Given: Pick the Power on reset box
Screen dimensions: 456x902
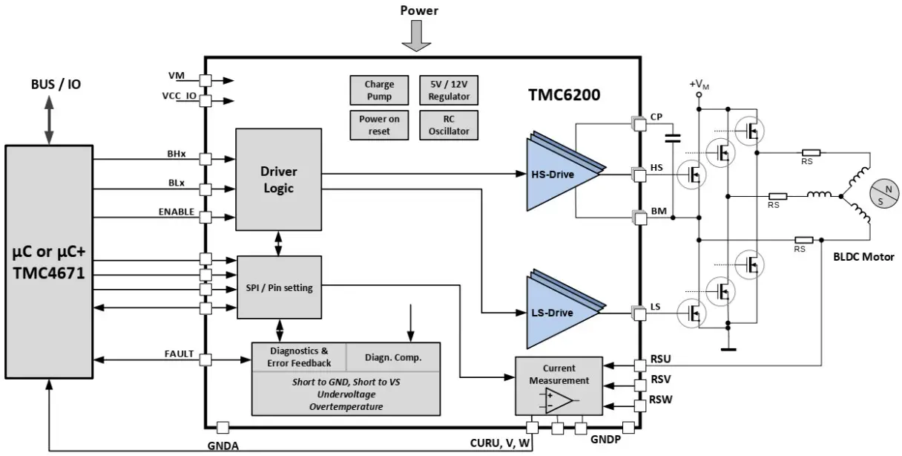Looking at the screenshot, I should click(378, 125).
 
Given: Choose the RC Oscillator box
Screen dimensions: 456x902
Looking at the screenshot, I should click(449, 125).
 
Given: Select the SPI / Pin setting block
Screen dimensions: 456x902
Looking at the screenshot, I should click(278, 288).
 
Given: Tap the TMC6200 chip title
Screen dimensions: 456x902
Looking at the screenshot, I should click(564, 95).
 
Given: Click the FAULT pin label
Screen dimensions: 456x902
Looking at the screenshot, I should click(179, 354).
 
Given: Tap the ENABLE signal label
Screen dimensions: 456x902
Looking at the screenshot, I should click(176, 212).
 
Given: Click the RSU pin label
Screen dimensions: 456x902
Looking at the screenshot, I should click(660, 359).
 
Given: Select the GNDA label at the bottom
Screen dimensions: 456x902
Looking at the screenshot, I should click(223, 445).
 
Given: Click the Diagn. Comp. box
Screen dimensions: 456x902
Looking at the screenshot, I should click(393, 357).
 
